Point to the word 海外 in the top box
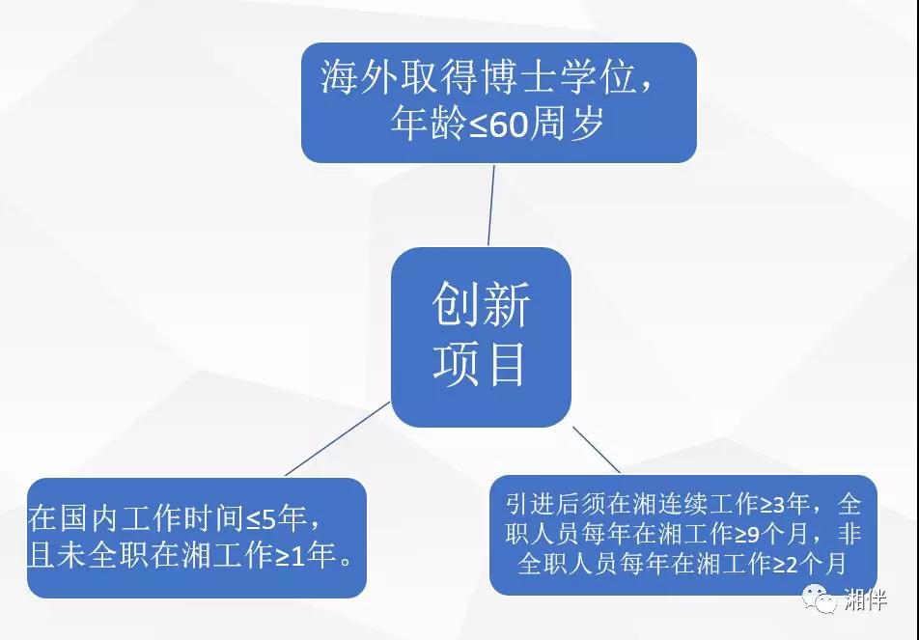coord(358,78)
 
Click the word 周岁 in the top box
coord(566,124)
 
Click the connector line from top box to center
coord(491,205)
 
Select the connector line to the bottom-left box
coord(338,438)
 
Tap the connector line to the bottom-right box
coord(596,450)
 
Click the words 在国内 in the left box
coord(73,518)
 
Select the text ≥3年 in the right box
coord(786,504)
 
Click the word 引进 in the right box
coord(530,504)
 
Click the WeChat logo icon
coord(820,598)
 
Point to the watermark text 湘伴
coord(866,598)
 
